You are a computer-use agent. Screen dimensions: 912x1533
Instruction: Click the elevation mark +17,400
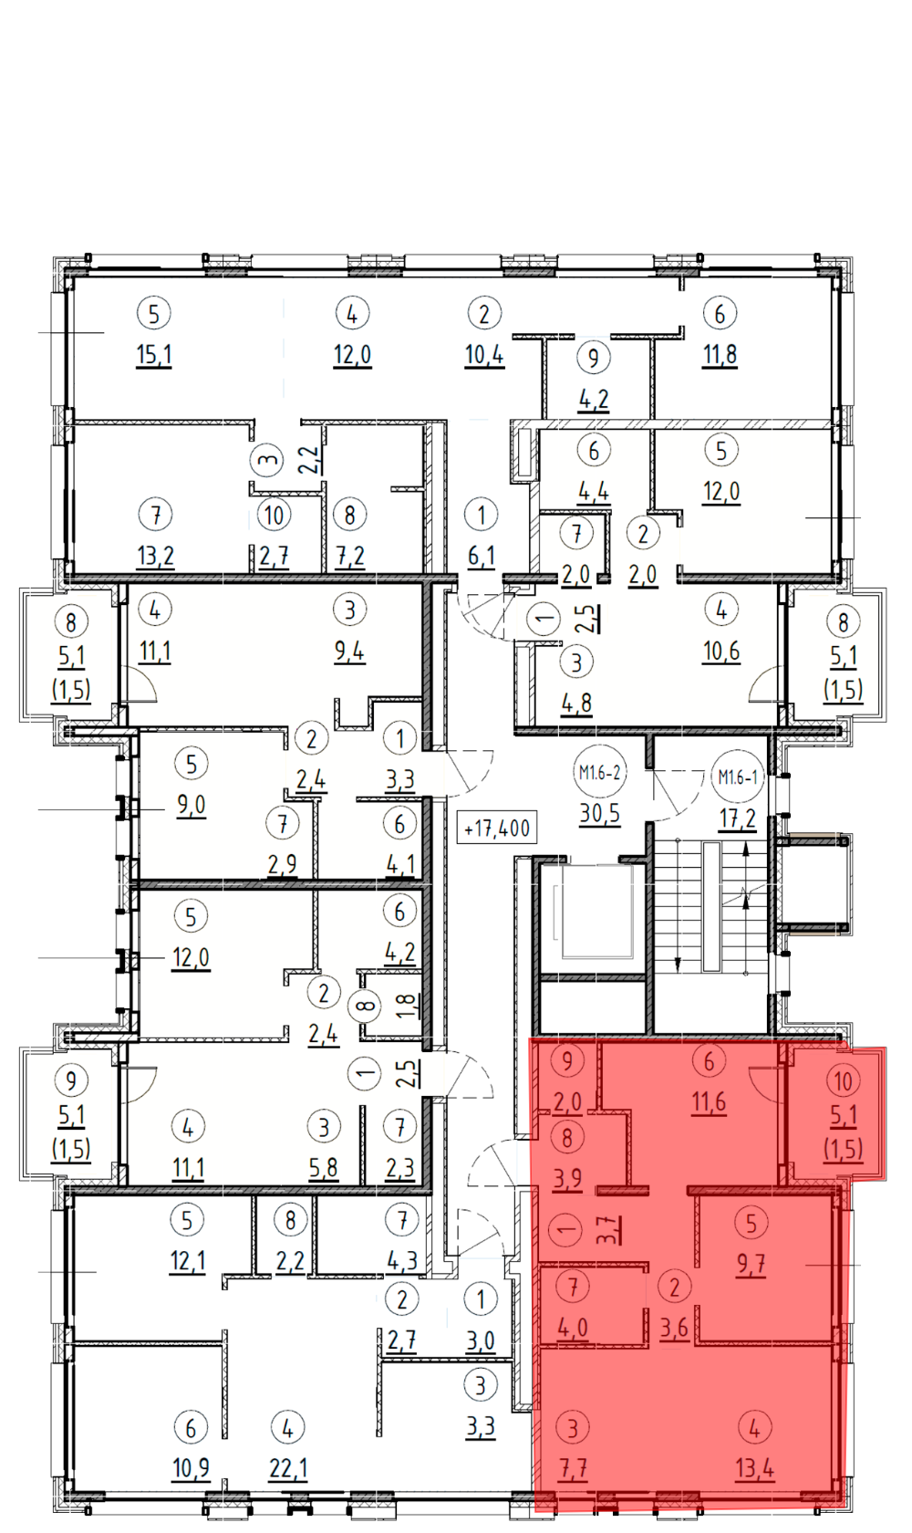coord(497,829)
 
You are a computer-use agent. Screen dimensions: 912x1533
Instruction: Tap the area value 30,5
coord(599,814)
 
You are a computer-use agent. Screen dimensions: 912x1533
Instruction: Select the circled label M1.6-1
coord(738,777)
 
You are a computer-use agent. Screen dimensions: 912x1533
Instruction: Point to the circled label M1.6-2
coord(599,773)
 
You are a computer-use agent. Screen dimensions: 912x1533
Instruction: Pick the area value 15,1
coord(154,356)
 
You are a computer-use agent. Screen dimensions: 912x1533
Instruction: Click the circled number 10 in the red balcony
coord(843,1081)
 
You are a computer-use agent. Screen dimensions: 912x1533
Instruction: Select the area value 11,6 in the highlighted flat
coord(709,1102)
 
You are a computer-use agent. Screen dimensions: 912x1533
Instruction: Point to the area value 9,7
coord(751,1265)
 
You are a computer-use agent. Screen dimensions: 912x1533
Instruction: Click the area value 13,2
coord(156,557)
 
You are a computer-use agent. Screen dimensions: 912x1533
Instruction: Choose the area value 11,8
coord(720,356)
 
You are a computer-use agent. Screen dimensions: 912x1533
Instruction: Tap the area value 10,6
coord(721,652)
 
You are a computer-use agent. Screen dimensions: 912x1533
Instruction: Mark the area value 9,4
coord(349,652)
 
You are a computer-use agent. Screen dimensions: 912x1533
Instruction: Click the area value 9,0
coord(192,806)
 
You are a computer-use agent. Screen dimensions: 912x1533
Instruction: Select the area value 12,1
coord(188,1261)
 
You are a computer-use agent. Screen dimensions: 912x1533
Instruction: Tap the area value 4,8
coord(576,704)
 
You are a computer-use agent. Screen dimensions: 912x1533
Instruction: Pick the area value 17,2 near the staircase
coord(738,819)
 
